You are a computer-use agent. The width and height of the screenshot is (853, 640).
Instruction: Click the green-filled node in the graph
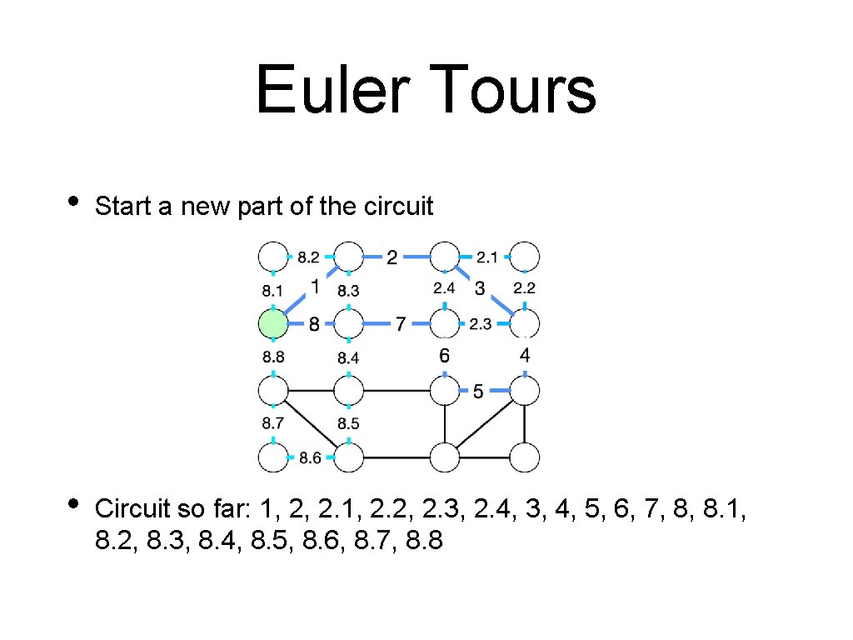pos(272,323)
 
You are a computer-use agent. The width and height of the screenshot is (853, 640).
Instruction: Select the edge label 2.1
pos(487,257)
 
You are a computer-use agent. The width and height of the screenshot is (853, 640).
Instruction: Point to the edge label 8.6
pos(311,457)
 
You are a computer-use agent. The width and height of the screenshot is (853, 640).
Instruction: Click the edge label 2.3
pos(481,324)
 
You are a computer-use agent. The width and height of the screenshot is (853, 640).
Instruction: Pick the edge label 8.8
pos(272,357)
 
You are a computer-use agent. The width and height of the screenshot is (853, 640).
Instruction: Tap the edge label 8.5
pos(349,424)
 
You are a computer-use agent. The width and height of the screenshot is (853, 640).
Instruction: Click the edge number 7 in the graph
pos(400,323)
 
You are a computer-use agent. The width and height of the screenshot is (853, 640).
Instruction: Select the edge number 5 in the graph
pos(478,391)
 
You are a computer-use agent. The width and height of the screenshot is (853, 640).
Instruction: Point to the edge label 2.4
pos(444,288)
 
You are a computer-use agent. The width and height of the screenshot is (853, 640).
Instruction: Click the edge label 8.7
pos(272,424)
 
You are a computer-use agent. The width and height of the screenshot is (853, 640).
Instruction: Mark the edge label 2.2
pos(525,288)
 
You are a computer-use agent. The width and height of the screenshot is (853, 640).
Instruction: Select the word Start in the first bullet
pos(122,207)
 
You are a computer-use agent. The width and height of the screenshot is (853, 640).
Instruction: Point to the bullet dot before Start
pos(73,202)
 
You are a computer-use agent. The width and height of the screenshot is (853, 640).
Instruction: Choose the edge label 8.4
pos(349,357)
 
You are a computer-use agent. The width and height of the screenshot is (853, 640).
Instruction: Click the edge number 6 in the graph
pos(444,356)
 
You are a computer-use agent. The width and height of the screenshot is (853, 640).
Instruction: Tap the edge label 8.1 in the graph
pos(272,291)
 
